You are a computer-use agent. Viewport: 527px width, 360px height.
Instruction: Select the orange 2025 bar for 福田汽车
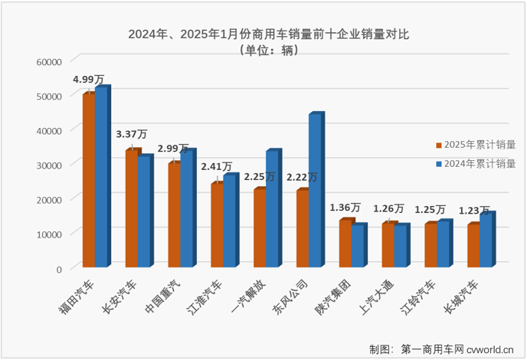(88, 180)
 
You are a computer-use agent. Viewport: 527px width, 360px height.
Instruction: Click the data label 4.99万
(89, 79)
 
